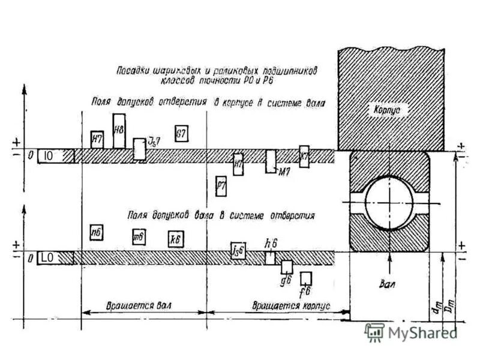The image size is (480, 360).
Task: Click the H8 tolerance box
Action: pyautogui.click(x=119, y=130)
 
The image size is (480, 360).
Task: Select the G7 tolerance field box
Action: pyautogui.click(x=181, y=133)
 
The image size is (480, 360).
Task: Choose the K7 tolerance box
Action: pyautogui.click(x=304, y=155)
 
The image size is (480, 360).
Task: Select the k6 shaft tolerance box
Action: pyautogui.click(x=175, y=238)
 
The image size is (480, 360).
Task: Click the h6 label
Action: pyautogui.click(x=271, y=244)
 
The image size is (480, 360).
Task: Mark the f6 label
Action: pyautogui.click(x=305, y=292)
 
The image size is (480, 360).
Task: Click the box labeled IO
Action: pyautogui.click(x=49, y=156)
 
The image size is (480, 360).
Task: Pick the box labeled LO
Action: pyautogui.click(x=49, y=257)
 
